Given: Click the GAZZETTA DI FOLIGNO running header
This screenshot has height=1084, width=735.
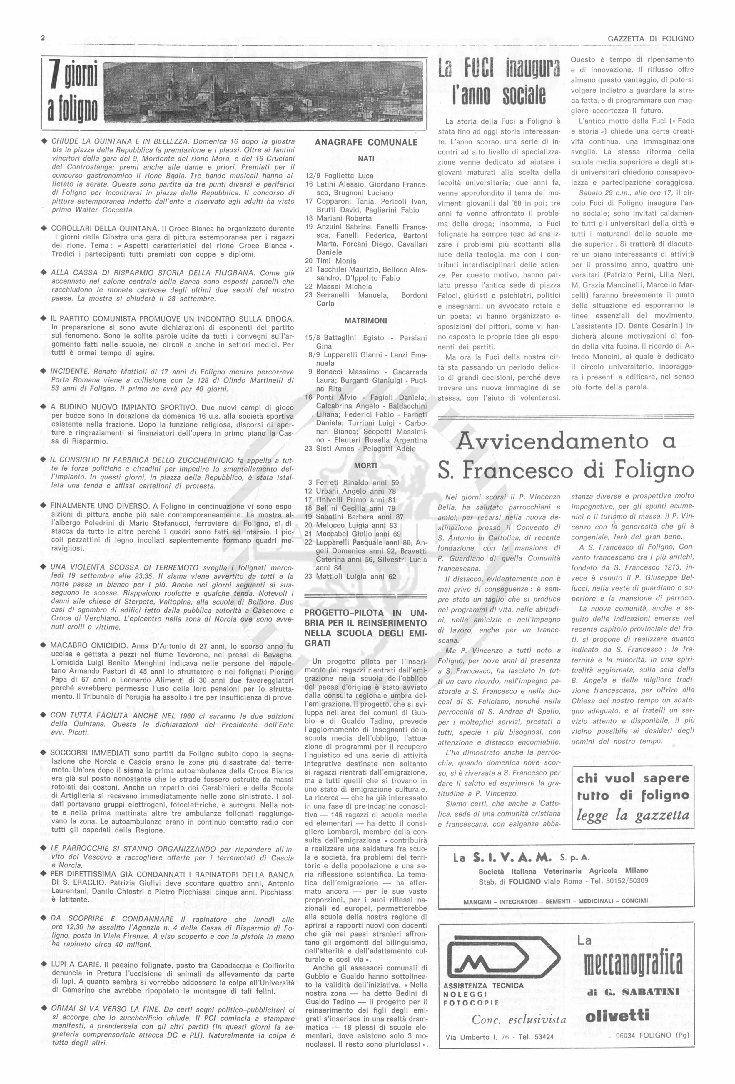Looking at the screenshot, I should (x=651, y=39).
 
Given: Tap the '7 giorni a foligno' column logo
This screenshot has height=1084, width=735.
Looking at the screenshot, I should (x=71, y=95).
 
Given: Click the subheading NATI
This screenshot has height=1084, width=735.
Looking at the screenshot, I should (x=366, y=159).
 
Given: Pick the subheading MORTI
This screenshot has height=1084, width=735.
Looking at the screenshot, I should (x=366, y=465).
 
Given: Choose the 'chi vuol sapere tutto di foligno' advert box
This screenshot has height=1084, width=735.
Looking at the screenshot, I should (x=632, y=797).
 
